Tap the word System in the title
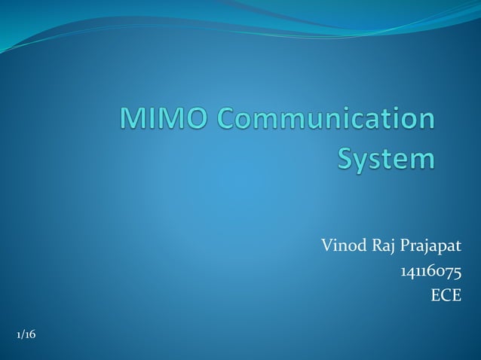point(386,159)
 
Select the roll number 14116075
point(430,271)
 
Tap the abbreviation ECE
point(445,297)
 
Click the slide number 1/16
point(25,334)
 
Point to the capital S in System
point(348,159)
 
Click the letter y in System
point(367,161)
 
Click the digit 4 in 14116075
point(407,271)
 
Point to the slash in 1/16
point(23,334)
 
